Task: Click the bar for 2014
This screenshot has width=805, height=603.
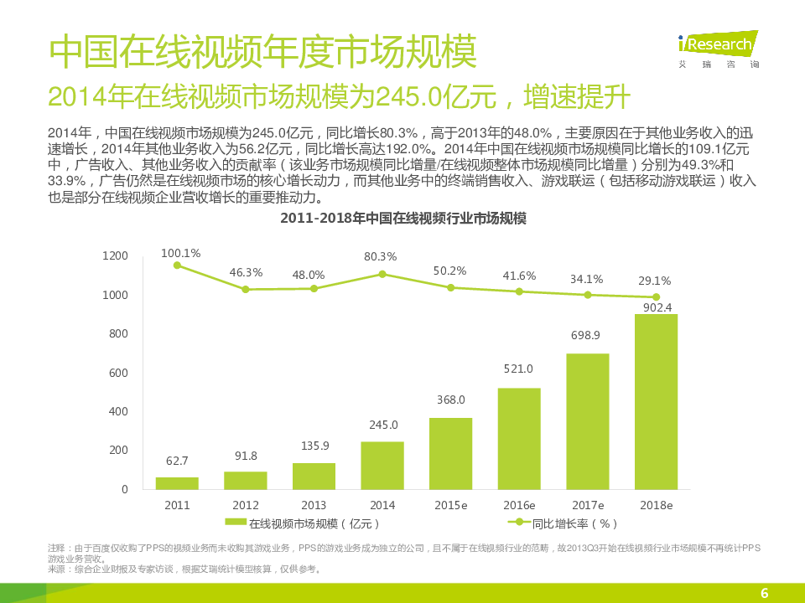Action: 382,465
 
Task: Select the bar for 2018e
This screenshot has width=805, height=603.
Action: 656,401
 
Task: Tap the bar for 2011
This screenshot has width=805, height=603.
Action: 177,483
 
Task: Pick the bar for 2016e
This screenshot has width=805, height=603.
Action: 519,438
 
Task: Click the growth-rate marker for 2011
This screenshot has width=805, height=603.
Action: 177,265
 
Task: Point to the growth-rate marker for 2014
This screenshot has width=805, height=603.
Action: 382,274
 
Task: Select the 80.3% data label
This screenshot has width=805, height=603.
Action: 381,256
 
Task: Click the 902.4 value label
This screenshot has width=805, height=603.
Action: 657,307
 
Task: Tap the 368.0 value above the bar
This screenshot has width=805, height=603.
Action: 450,400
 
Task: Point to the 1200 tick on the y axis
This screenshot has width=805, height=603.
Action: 115,256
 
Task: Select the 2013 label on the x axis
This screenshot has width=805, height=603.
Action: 314,506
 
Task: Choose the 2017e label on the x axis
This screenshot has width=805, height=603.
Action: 588,506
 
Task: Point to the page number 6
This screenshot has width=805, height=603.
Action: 764,593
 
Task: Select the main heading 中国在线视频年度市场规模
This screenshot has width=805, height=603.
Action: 262,53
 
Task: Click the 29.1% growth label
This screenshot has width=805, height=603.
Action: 656,281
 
